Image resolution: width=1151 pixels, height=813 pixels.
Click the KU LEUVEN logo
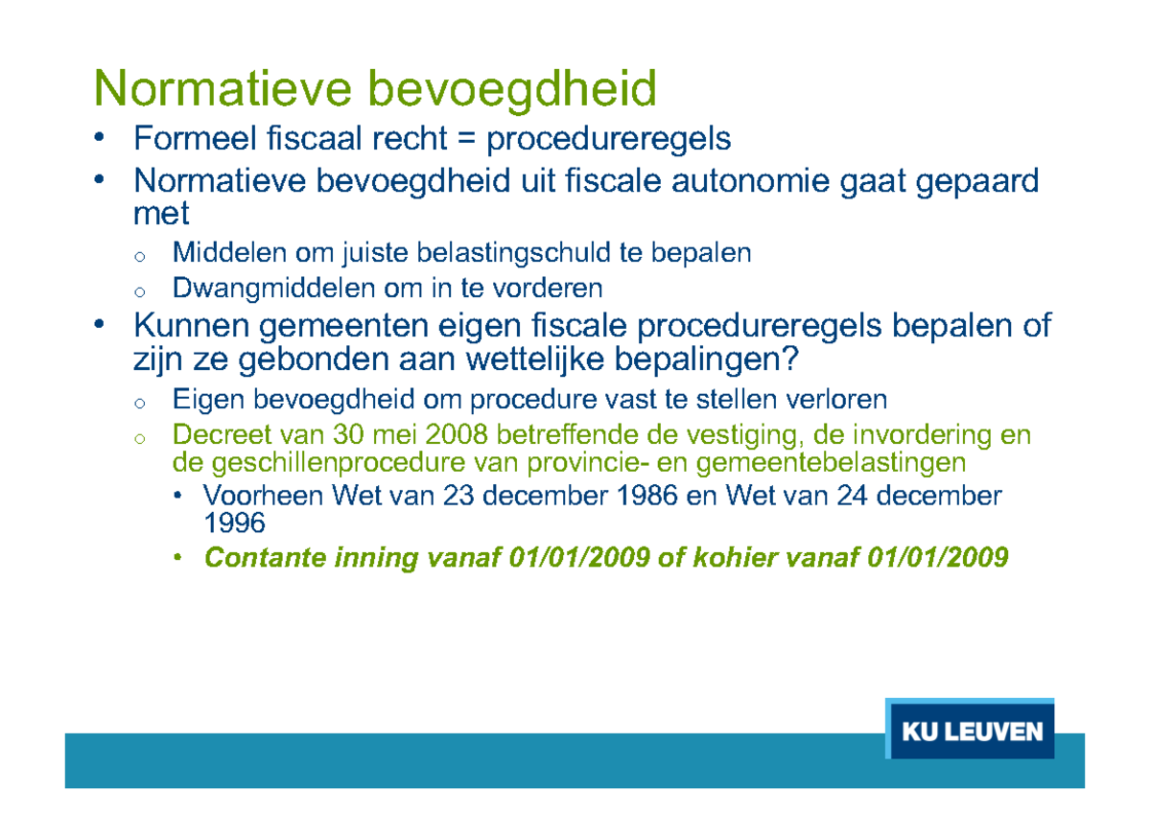click(x=972, y=732)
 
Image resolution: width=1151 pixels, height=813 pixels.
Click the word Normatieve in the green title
click(x=224, y=90)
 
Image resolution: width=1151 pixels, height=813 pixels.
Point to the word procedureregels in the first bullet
click(x=609, y=141)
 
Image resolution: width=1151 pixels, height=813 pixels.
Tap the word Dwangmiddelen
click(x=274, y=288)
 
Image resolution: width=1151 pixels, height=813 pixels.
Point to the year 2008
click(x=460, y=435)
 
